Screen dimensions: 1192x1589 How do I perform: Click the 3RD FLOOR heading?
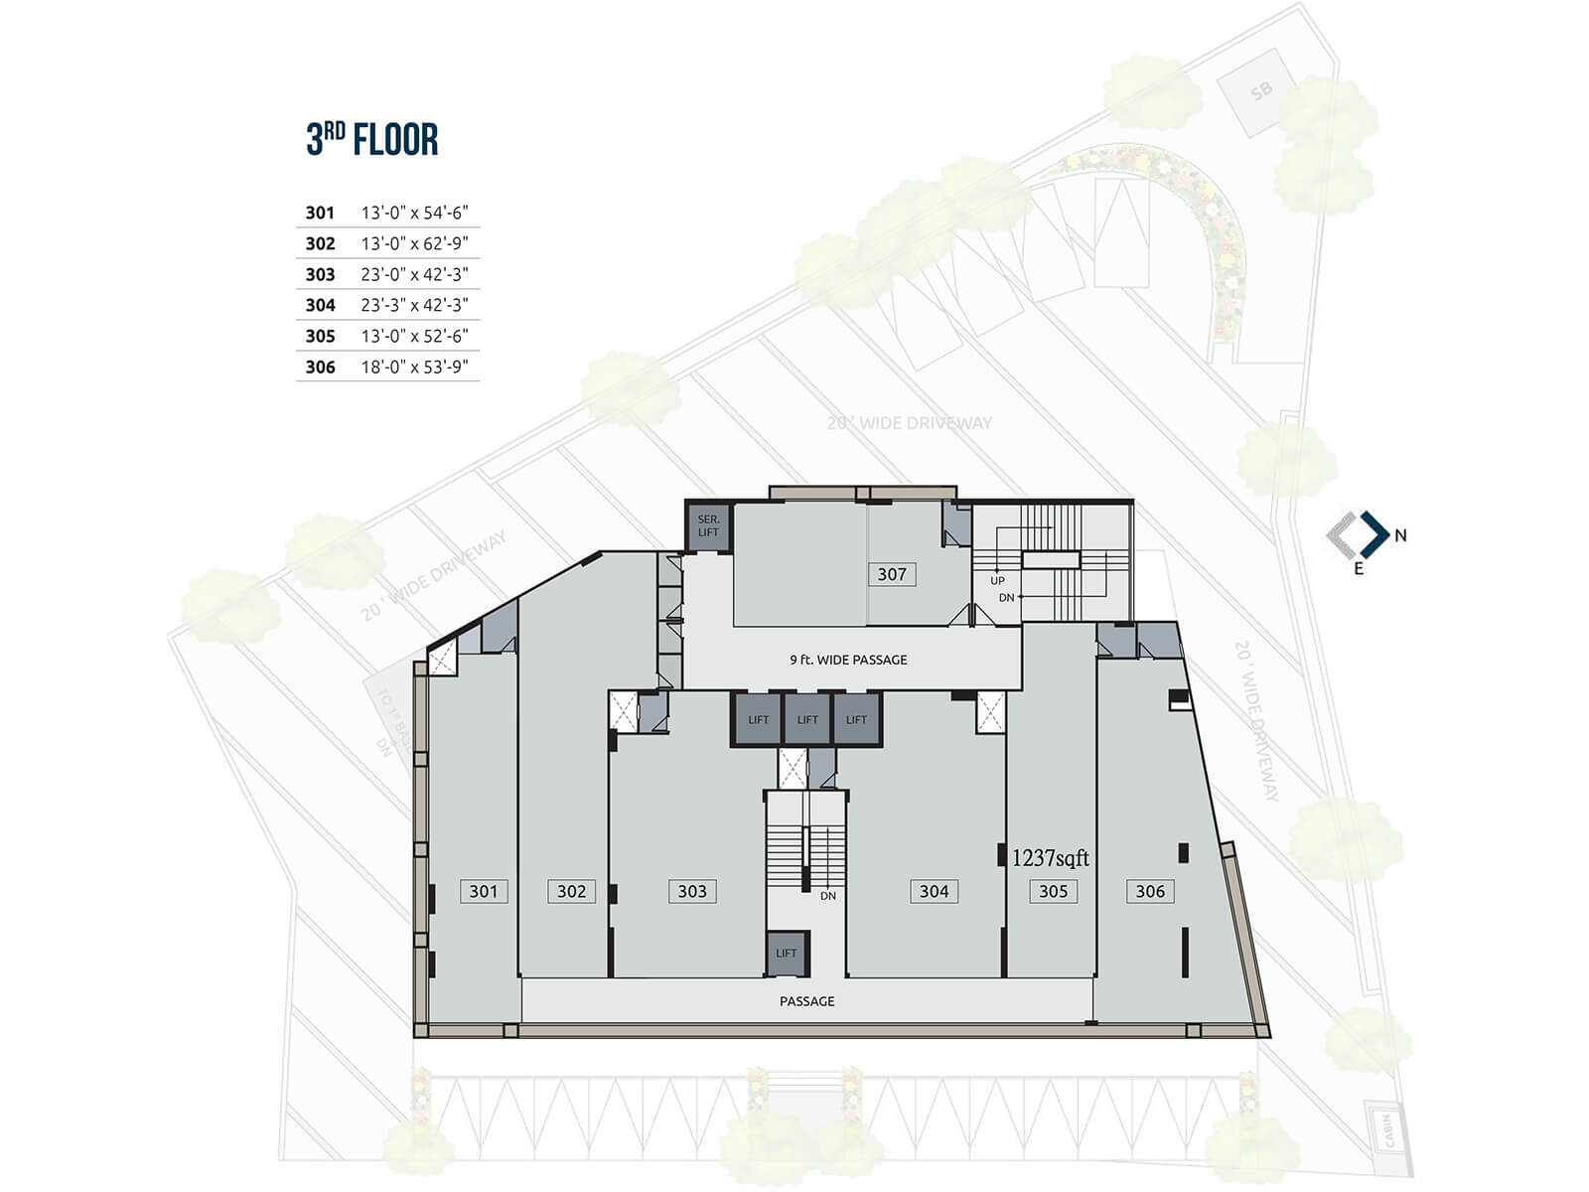click(372, 139)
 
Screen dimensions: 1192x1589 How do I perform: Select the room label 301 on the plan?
click(484, 891)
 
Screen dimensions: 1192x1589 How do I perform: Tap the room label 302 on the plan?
click(571, 891)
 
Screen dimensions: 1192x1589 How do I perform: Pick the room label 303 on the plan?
click(692, 891)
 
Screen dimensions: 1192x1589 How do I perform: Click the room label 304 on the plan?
click(934, 891)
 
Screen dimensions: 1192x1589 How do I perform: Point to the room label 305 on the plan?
click(1053, 891)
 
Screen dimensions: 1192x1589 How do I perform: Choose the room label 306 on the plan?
click(1150, 891)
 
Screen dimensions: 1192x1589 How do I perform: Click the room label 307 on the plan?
click(892, 574)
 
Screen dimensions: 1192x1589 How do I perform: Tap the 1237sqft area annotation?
click(1050, 858)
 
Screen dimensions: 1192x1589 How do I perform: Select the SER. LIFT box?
click(708, 526)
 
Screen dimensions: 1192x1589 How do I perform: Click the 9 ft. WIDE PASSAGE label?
click(848, 660)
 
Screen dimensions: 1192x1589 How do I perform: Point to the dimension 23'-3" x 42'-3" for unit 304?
click(414, 305)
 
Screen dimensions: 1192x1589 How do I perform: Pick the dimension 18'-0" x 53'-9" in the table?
click(414, 367)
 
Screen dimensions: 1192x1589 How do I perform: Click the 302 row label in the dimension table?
click(320, 243)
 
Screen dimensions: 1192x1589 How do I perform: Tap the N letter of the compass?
click(1400, 535)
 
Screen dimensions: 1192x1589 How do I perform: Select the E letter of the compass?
click(1359, 569)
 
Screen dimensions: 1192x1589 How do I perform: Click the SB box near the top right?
click(1261, 92)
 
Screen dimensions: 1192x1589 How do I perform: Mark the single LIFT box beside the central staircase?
click(787, 953)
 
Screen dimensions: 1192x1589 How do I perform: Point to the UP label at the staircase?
click(997, 581)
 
